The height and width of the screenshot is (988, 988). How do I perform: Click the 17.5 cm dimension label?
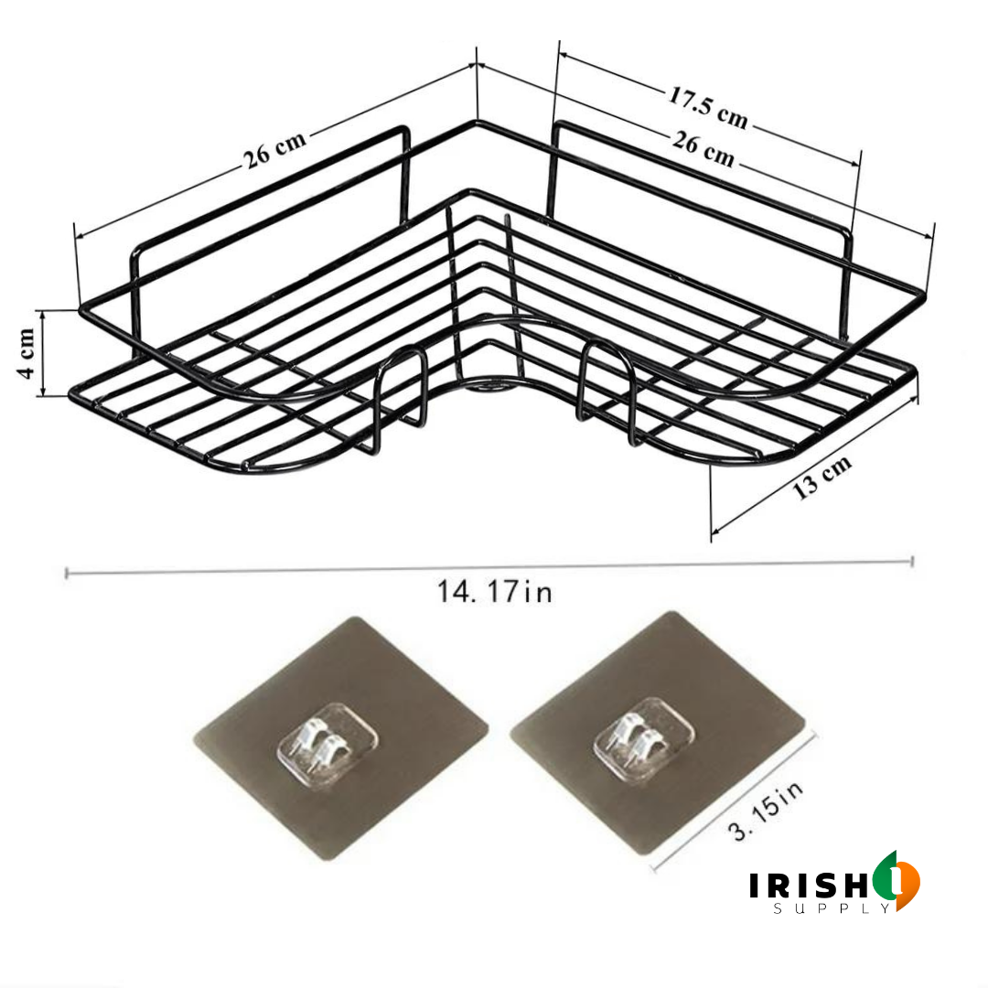[x=707, y=107]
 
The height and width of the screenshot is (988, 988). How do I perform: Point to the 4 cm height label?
[x=27, y=353]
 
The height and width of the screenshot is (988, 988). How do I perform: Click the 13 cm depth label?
[x=822, y=477]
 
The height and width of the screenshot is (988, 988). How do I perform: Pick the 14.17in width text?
[x=494, y=592]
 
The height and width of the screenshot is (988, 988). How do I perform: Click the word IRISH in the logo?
[x=806, y=886]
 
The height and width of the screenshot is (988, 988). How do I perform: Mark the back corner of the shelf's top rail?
[x=477, y=123]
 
